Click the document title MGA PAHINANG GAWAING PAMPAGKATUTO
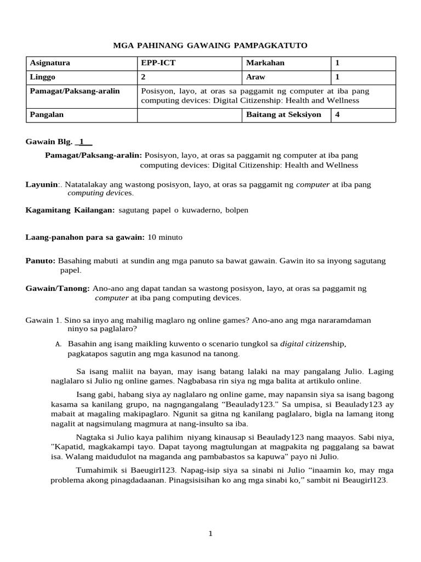tap(210, 46)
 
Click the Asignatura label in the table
tap(50, 63)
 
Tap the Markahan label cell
tap(265, 63)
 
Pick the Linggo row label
tap(43, 77)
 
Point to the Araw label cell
tap(256, 77)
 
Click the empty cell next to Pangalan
tap(189, 115)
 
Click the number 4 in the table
tap(338, 115)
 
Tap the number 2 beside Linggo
tap(144, 77)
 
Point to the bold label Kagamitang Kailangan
tap(70, 210)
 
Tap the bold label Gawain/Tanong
tap(58, 288)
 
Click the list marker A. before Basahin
tap(58, 344)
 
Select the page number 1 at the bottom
tap(210, 534)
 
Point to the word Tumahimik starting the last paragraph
tap(94, 470)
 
